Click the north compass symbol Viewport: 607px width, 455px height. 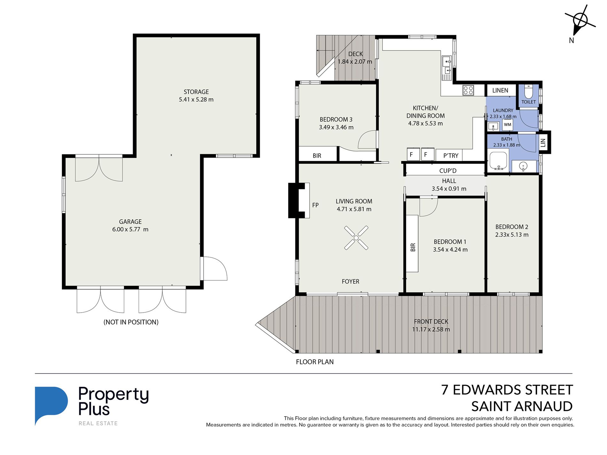click(580, 21)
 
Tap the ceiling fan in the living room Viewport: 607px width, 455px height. click(356, 238)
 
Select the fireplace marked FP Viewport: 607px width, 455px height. click(299, 201)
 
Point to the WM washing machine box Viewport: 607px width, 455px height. click(508, 125)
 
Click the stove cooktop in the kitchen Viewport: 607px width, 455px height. click(468, 90)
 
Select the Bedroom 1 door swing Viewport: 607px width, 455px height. click(428, 207)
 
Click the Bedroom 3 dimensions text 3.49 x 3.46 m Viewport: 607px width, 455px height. click(336, 127)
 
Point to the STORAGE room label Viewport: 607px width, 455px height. click(196, 92)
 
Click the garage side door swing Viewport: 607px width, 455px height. click(214, 269)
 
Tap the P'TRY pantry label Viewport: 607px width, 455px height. click(451, 156)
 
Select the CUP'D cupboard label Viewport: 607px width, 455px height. click(448, 171)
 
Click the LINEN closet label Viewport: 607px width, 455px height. click(500, 90)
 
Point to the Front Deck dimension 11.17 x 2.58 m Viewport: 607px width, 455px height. click(431, 330)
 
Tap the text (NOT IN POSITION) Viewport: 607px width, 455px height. click(131, 322)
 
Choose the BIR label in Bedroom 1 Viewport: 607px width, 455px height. click(413, 247)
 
